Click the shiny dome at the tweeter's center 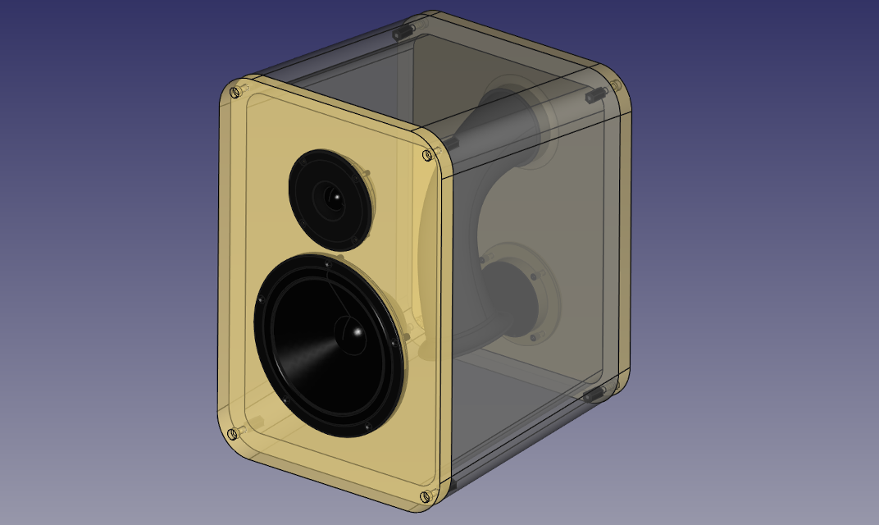pos(333,197)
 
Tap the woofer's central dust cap pos(355,332)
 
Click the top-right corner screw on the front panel pos(427,155)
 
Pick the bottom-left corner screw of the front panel pos(233,433)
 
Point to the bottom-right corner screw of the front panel pos(425,496)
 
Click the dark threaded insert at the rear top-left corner pos(403,32)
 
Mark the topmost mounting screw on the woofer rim pos(327,264)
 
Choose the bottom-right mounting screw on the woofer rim pos(367,426)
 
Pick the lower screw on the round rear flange pos(534,336)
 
